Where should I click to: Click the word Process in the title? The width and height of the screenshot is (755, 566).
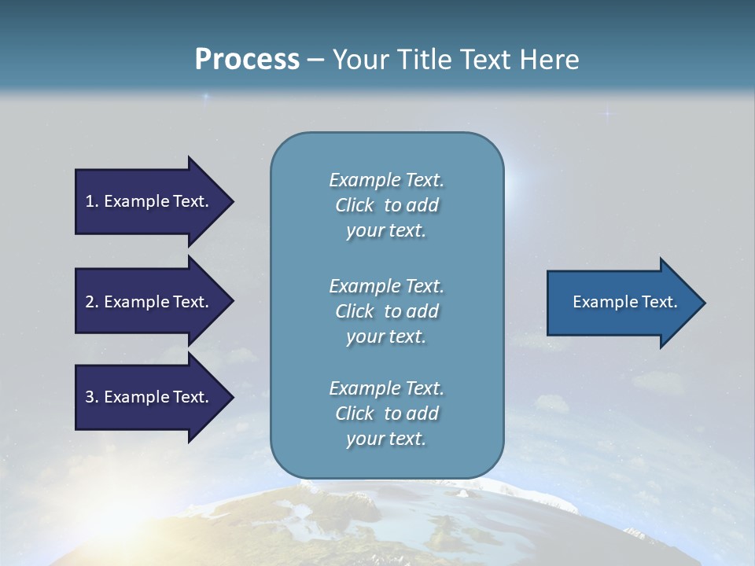(x=247, y=60)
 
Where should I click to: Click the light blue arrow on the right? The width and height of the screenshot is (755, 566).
(x=621, y=302)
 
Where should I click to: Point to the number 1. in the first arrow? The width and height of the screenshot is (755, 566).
(x=91, y=201)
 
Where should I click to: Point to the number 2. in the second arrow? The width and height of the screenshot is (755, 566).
(x=91, y=302)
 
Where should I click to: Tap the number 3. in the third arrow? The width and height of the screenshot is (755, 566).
(x=91, y=397)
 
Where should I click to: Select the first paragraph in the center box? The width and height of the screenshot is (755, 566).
(x=386, y=205)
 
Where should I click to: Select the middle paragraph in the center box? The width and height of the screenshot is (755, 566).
(x=386, y=311)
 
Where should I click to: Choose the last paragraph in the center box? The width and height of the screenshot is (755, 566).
(x=386, y=413)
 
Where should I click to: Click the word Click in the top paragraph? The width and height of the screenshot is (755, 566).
(x=355, y=205)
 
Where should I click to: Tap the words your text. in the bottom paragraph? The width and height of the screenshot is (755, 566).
(x=386, y=439)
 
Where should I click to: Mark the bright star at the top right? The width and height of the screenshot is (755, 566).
(x=606, y=114)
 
